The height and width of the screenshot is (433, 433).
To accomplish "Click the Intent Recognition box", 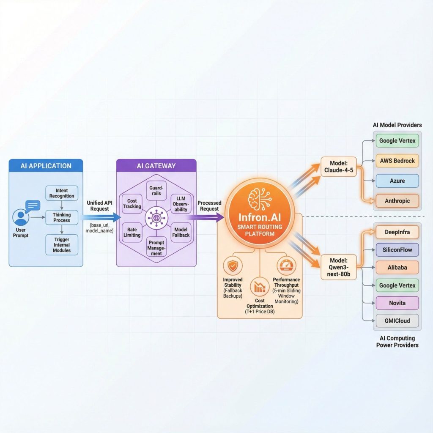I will tap(62, 193).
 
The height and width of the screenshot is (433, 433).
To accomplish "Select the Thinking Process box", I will tap(62, 217).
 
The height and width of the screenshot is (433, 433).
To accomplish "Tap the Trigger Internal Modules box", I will tap(62, 244).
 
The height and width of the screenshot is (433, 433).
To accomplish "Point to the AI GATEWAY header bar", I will tap(156, 166).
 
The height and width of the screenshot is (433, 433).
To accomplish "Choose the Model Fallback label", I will tap(181, 232).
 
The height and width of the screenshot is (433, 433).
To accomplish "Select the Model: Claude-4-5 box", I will tap(338, 166).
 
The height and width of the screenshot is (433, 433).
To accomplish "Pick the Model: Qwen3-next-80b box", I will tap(338, 266).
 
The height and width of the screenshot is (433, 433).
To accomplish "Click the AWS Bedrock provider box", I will tap(397, 161).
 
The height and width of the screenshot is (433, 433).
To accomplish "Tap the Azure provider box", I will tap(397, 181).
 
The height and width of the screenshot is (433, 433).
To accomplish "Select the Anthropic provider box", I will tap(397, 201).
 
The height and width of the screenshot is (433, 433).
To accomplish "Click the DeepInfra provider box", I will tap(397, 232).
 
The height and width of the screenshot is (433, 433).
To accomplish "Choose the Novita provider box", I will tap(397, 303).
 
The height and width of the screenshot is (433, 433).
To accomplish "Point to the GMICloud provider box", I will tap(397, 321).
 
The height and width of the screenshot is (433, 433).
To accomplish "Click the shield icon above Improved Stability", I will tap(232, 266).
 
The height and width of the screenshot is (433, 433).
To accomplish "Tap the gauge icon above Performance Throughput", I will tap(286, 265).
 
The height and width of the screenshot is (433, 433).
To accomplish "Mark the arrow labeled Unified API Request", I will tap(99, 218).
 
